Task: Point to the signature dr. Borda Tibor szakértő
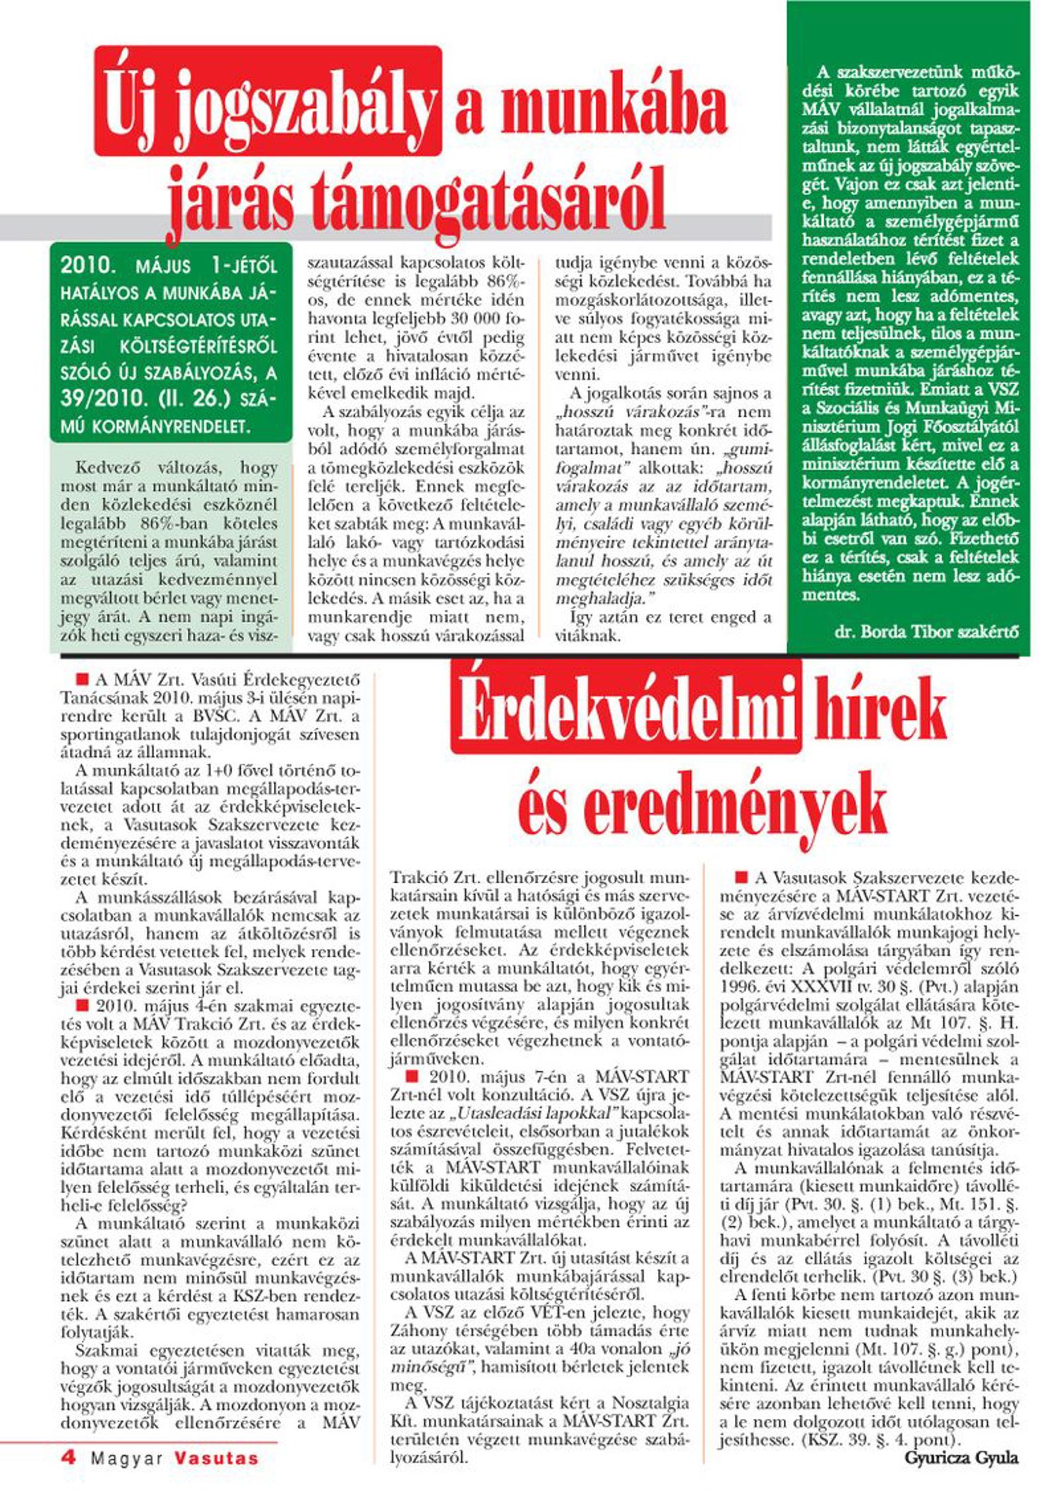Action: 926,632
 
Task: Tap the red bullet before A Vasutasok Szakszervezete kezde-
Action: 741,878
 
